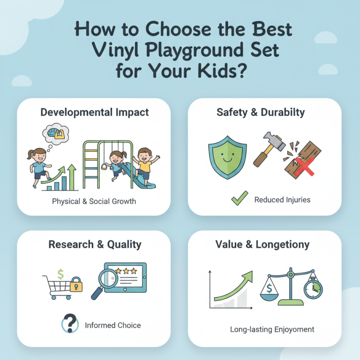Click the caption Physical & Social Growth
point(94,201)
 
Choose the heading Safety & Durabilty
point(264,112)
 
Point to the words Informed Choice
point(112,325)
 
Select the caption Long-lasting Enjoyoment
point(272,329)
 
